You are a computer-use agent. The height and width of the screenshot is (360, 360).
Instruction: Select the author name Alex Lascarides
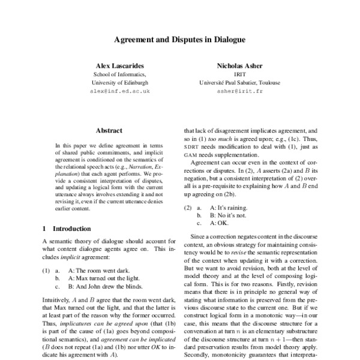click(119, 64)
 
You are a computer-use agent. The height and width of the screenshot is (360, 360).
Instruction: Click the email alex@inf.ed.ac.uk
click(119, 91)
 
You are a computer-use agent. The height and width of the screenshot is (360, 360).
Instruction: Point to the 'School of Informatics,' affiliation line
click(119, 73)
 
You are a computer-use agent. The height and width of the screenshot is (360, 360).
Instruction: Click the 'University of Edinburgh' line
click(119, 82)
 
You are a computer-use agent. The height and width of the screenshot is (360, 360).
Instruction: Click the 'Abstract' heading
click(109, 130)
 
